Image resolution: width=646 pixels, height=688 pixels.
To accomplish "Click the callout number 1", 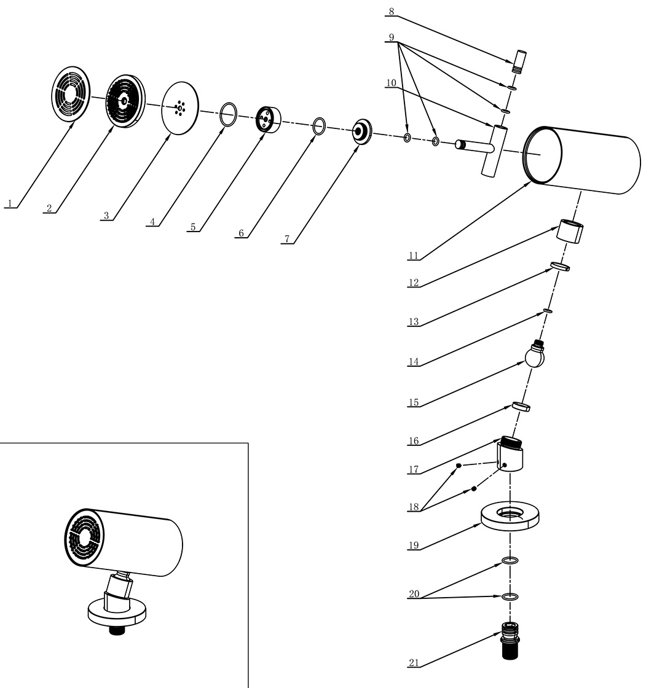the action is click(x=10, y=203).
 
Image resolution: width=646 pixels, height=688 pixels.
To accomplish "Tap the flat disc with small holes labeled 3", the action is click(x=180, y=107).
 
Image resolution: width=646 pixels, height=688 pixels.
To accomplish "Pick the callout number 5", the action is click(x=193, y=227).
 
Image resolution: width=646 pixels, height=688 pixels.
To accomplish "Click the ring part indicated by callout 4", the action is click(x=229, y=114).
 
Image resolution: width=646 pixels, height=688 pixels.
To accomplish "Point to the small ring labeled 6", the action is click(x=319, y=125).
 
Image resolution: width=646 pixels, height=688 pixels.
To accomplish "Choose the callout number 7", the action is click(x=287, y=239).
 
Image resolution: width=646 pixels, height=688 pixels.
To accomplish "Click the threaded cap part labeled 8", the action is click(x=520, y=62).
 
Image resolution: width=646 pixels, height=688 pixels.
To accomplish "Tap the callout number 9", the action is click(x=392, y=37).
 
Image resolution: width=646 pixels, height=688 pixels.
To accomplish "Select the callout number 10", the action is click(x=392, y=83).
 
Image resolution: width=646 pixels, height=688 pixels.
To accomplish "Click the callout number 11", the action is click(x=413, y=256).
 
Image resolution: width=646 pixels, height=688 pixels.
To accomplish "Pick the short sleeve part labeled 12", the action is click(x=570, y=231).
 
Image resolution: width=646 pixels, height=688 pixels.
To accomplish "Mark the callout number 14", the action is click(x=413, y=362).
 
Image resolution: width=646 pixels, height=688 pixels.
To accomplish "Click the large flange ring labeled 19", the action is click(x=510, y=516).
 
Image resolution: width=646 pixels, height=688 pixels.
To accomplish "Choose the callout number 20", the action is click(x=414, y=594).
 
